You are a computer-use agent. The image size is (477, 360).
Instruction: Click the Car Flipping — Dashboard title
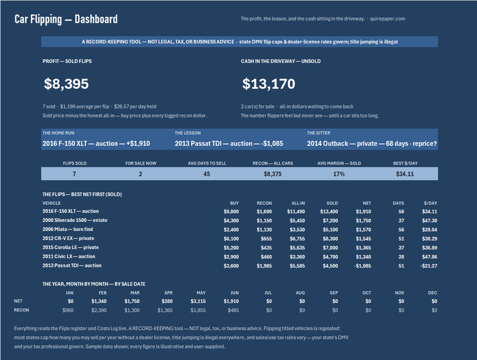(66, 19)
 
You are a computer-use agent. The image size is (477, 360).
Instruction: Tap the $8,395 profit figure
(66, 84)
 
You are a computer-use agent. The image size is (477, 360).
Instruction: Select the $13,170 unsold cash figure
(268, 84)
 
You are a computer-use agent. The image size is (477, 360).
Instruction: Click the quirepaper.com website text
(387, 19)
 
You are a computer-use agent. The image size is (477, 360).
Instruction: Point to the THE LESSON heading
(188, 133)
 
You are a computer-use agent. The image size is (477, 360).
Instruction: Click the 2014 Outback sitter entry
(372, 144)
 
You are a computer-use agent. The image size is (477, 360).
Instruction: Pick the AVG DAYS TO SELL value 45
(207, 174)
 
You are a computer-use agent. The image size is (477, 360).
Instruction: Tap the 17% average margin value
(339, 174)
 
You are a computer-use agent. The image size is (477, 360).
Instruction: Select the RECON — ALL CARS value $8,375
(273, 174)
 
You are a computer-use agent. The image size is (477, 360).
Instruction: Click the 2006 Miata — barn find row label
(68, 229)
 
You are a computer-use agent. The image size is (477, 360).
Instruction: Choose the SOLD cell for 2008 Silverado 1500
(330, 221)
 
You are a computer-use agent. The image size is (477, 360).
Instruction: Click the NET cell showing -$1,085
(363, 266)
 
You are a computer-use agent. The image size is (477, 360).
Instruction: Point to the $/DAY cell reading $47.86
(429, 257)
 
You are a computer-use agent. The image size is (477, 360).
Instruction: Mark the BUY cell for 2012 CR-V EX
(231, 238)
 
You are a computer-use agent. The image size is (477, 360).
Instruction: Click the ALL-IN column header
(298, 203)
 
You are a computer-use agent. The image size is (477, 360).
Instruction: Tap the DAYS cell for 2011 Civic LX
(401, 257)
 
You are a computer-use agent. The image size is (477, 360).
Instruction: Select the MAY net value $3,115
(198, 301)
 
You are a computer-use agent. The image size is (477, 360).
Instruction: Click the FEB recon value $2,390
(99, 311)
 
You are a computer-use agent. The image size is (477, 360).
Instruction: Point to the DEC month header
(432, 293)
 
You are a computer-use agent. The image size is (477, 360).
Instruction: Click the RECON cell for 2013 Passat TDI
(264, 266)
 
